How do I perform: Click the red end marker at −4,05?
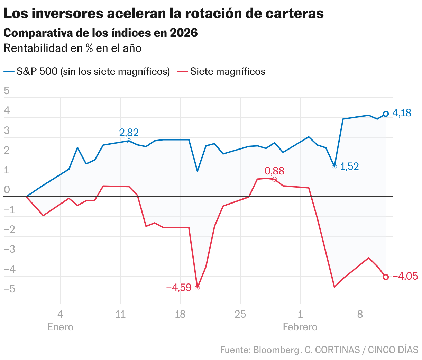pyautogui.click(x=386, y=277)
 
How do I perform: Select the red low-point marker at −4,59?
pyautogui.click(x=198, y=288)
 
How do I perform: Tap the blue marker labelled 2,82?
pyautogui.click(x=129, y=141)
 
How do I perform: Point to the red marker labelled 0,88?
pyautogui.click(x=274, y=179)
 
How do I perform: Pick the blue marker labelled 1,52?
pyautogui.click(x=334, y=166)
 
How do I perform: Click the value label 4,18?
pyautogui.click(x=402, y=113)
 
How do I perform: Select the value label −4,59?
pyautogui.click(x=178, y=288)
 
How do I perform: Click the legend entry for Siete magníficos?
pyautogui.click(x=228, y=72)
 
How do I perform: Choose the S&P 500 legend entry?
pyautogui.click(x=93, y=72)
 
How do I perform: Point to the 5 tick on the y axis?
pyautogui.click(x=7, y=91)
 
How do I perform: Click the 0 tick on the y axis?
pyautogui.click(x=7, y=190)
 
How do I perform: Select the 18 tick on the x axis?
pyautogui.click(x=180, y=314)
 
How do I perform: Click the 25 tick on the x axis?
pyautogui.click(x=240, y=314)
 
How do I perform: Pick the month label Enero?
pyautogui.click(x=61, y=327)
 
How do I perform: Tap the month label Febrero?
pyautogui.click(x=300, y=327)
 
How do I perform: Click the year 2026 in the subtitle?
pyautogui.click(x=184, y=33)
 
